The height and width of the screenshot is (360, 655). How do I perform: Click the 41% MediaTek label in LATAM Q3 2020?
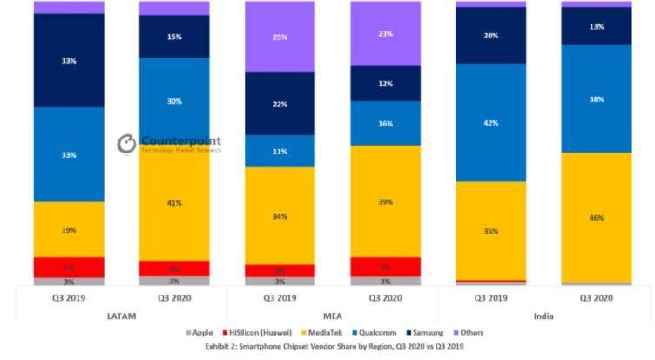(x=174, y=203)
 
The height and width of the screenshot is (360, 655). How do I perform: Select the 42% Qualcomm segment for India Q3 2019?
(x=490, y=123)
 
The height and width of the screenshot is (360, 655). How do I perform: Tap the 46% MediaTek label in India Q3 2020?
(x=596, y=218)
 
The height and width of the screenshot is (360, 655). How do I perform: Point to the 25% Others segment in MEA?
(x=280, y=37)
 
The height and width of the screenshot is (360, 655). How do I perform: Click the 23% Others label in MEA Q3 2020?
(x=385, y=34)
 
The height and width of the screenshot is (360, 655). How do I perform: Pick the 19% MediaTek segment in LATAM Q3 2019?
(x=69, y=230)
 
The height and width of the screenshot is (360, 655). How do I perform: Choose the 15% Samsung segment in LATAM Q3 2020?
(x=174, y=37)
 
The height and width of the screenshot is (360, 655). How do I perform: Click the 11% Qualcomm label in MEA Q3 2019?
(x=280, y=151)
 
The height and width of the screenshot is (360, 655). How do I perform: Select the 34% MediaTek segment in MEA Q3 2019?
(x=280, y=216)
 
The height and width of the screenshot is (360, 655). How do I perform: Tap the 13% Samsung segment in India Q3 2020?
(x=596, y=26)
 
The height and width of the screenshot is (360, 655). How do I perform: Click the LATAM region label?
(x=121, y=316)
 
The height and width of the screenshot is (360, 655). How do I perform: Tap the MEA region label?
(x=332, y=316)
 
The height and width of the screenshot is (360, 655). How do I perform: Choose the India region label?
(x=543, y=316)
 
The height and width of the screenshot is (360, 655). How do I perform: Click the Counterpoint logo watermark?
(x=169, y=144)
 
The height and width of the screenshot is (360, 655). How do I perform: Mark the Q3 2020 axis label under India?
(x=596, y=297)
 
